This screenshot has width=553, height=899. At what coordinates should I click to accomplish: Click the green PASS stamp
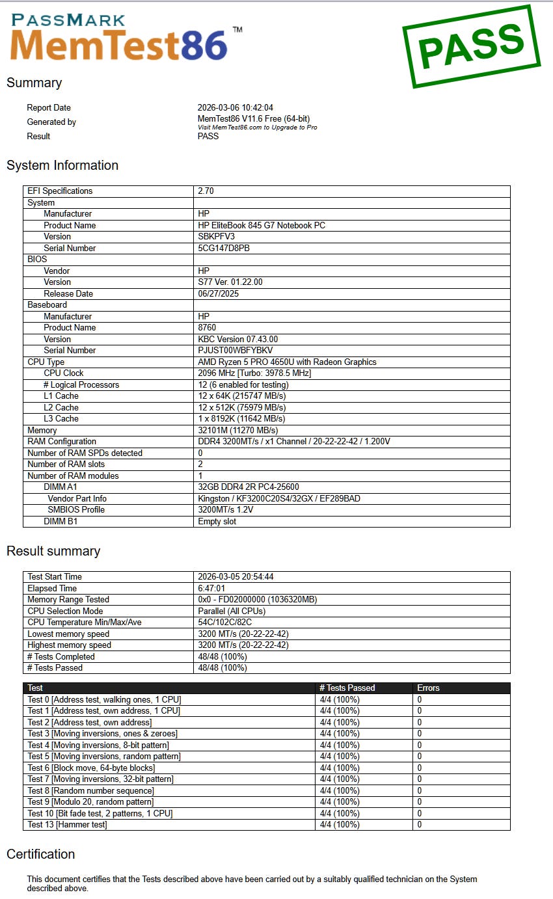click(471, 46)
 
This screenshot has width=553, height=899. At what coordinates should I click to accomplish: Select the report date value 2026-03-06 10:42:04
click(236, 108)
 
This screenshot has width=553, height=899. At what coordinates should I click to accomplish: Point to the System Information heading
click(62, 165)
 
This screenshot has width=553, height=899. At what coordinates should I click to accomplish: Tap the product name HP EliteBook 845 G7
click(262, 225)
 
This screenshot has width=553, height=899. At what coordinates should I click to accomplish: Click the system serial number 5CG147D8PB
click(224, 248)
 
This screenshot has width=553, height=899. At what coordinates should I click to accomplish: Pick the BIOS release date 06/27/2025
click(219, 293)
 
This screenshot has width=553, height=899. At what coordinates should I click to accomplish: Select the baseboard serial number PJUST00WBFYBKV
click(236, 350)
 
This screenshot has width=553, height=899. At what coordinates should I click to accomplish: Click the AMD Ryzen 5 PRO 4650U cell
click(287, 362)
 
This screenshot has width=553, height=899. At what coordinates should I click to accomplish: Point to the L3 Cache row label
click(61, 418)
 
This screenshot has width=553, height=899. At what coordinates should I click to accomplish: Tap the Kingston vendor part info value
click(279, 498)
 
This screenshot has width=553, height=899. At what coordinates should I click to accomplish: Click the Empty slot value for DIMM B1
click(217, 521)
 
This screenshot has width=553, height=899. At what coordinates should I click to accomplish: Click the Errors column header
click(428, 688)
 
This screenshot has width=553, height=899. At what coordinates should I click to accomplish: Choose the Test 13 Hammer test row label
click(67, 824)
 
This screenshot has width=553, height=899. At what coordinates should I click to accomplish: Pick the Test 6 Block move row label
click(91, 768)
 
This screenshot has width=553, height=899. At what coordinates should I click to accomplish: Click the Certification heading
click(40, 854)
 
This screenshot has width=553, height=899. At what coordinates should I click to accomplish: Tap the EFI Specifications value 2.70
click(206, 191)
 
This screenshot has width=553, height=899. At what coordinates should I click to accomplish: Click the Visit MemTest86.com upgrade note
click(258, 127)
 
